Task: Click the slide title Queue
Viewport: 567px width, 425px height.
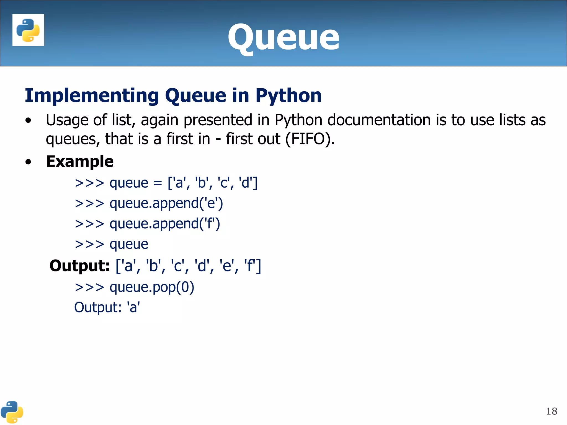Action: point(283,37)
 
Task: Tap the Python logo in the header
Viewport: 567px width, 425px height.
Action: point(28,30)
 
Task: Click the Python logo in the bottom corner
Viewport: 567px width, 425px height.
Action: point(12,412)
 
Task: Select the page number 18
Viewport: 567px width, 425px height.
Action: point(551,411)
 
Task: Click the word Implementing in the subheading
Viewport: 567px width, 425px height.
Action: point(92,95)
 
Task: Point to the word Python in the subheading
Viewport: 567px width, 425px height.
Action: point(288,95)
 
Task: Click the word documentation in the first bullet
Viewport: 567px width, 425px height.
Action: point(379,120)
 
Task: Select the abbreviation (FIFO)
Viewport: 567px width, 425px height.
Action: point(310,139)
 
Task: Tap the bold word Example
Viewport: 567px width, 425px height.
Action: point(80,161)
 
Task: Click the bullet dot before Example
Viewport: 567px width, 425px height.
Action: point(28,162)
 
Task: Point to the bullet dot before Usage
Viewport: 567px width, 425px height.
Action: point(28,121)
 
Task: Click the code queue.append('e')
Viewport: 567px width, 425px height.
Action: point(166,204)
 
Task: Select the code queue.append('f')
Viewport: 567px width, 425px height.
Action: point(165,224)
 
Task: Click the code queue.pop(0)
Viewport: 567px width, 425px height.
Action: point(152,287)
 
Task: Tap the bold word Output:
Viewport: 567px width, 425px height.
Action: point(80,266)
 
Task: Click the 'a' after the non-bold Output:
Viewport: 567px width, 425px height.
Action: point(133,307)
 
